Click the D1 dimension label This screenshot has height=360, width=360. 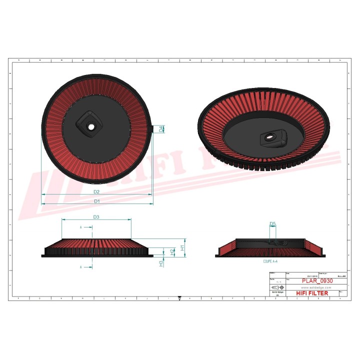coord(97,201)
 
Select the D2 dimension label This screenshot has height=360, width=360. coord(96,191)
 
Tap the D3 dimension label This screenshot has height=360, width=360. coord(96,217)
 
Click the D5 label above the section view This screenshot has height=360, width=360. coord(272,223)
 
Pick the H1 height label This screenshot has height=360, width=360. coord(183,247)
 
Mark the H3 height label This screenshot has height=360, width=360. coord(161,263)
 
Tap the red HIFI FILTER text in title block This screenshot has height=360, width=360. coord(312,293)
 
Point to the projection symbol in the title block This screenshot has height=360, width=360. coord(276,288)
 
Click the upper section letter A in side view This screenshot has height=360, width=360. coord(81,227)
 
